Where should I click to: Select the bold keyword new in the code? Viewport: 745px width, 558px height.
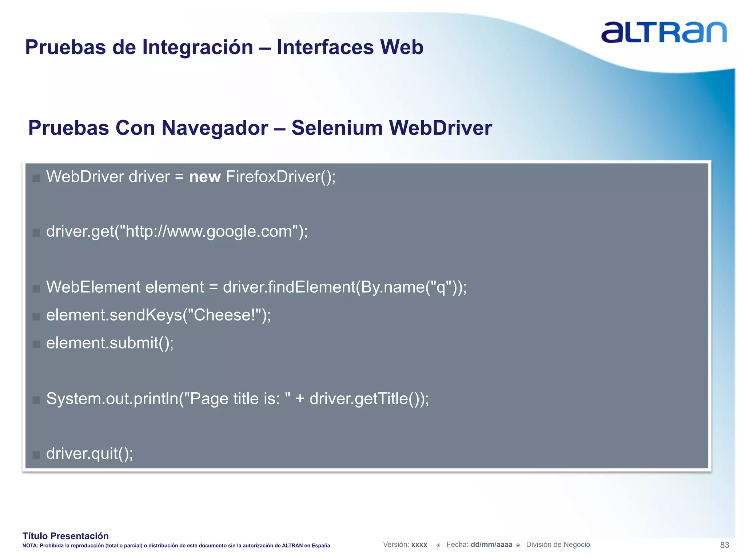pos(205,177)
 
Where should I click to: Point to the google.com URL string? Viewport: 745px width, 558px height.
pos(209,231)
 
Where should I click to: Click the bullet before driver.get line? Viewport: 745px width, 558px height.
pos(36,233)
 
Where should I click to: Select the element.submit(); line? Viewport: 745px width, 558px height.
pos(110,343)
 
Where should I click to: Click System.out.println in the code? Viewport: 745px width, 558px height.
pos(112,399)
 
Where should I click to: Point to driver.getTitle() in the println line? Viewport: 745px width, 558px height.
pos(366,399)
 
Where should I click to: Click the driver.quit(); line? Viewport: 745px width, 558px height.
pos(89,454)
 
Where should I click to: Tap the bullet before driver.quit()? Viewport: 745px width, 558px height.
pos(36,455)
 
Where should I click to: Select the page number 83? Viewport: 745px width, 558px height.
pos(724,545)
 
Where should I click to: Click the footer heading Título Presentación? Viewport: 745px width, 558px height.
pos(65,536)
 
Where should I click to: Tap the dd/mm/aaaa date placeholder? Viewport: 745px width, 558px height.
pos(491,545)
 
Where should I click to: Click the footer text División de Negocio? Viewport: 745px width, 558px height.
pos(558,545)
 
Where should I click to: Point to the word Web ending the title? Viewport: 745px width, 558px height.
pos(402,47)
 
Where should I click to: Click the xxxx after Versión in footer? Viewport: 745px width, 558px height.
pos(419,545)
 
